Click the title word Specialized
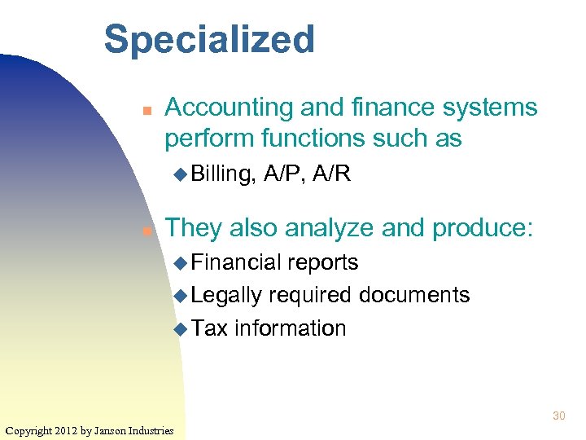209,40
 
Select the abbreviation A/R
332,174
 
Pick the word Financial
237,262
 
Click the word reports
323,262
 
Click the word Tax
210,328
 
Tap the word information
291,328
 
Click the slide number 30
558,416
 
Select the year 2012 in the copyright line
68,430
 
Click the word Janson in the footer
112,430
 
